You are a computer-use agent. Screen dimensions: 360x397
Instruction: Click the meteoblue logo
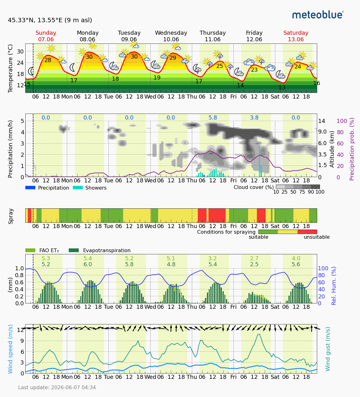(318, 15)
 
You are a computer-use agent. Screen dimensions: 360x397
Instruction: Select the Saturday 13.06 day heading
(296, 36)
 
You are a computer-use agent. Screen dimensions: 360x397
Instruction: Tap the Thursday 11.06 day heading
(212, 36)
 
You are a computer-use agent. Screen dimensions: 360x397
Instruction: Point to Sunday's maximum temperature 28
(47, 60)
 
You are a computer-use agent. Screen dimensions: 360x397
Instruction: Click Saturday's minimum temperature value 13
(282, 88)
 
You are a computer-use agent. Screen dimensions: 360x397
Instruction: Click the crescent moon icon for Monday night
(72, 68)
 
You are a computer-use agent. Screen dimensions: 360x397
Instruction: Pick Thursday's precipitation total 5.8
(213, 118)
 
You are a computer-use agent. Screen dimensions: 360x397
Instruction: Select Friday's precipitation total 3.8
(254, 118)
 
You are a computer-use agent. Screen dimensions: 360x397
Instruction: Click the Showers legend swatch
(78, 188)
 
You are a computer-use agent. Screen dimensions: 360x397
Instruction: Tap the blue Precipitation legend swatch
(30, 188)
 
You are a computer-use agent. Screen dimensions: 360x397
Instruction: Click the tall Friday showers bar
(260, 161)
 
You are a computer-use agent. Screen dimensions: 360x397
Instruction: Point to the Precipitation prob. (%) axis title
(352, 149)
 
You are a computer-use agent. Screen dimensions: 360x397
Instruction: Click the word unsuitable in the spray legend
(317, 237)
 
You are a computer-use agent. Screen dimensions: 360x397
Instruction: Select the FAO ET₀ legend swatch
(30, 250)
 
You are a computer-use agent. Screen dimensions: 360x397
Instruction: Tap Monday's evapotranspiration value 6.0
(87, 264)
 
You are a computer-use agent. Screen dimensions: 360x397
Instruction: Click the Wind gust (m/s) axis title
(327, 349)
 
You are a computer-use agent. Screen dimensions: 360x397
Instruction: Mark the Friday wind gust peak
(259, 334)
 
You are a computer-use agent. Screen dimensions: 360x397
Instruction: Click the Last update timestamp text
(57, 387)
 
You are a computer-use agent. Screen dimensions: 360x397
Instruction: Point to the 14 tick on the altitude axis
(322, 121)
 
